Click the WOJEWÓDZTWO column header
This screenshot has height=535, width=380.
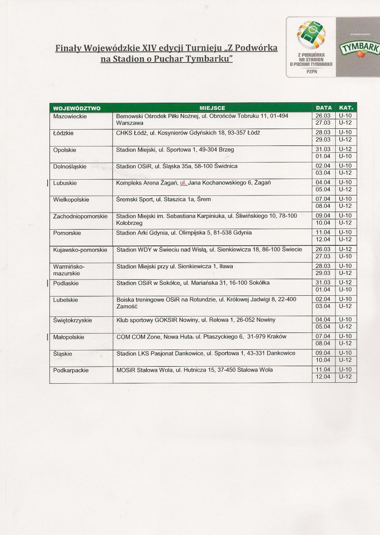point(76,108)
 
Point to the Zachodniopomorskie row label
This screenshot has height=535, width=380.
point(80,216)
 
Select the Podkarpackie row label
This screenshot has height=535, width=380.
point(71,370)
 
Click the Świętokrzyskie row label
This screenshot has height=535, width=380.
point(73,320)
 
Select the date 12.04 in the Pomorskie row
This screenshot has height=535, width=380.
point(323,239)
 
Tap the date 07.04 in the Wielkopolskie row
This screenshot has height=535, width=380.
point(323,199)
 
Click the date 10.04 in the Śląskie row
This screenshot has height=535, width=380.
point(323,360)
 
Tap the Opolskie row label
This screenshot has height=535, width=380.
point(65,150)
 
